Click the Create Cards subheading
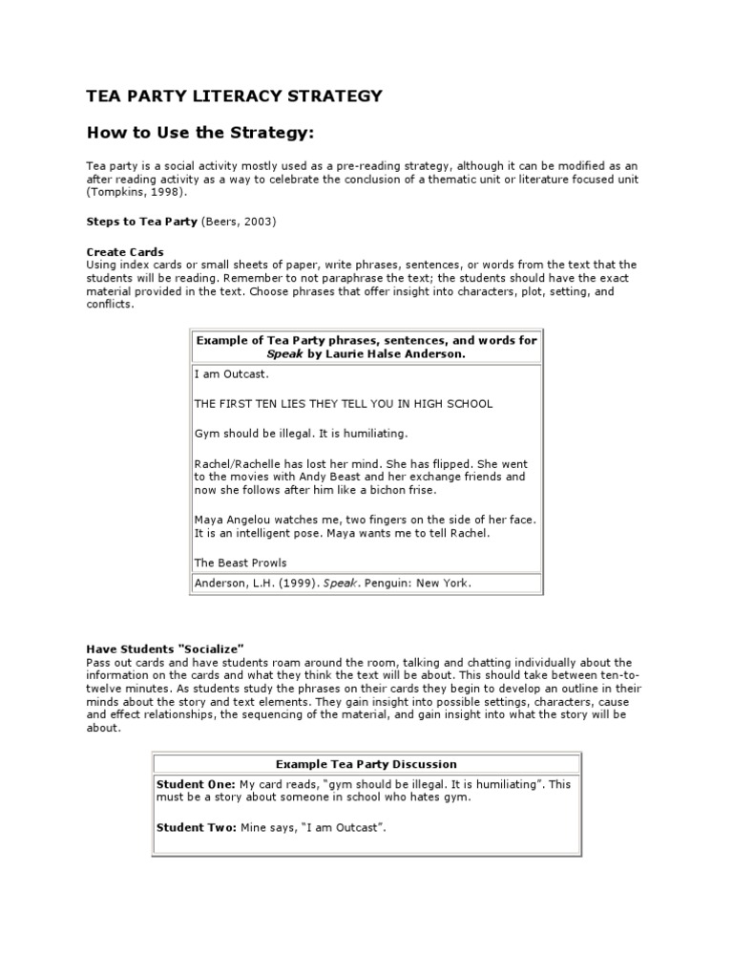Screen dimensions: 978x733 125,251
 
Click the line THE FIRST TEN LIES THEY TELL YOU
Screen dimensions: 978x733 344,404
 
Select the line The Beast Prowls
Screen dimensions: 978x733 241,563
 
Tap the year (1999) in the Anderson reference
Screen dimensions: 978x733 296,583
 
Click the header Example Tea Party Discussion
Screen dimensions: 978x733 366,764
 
